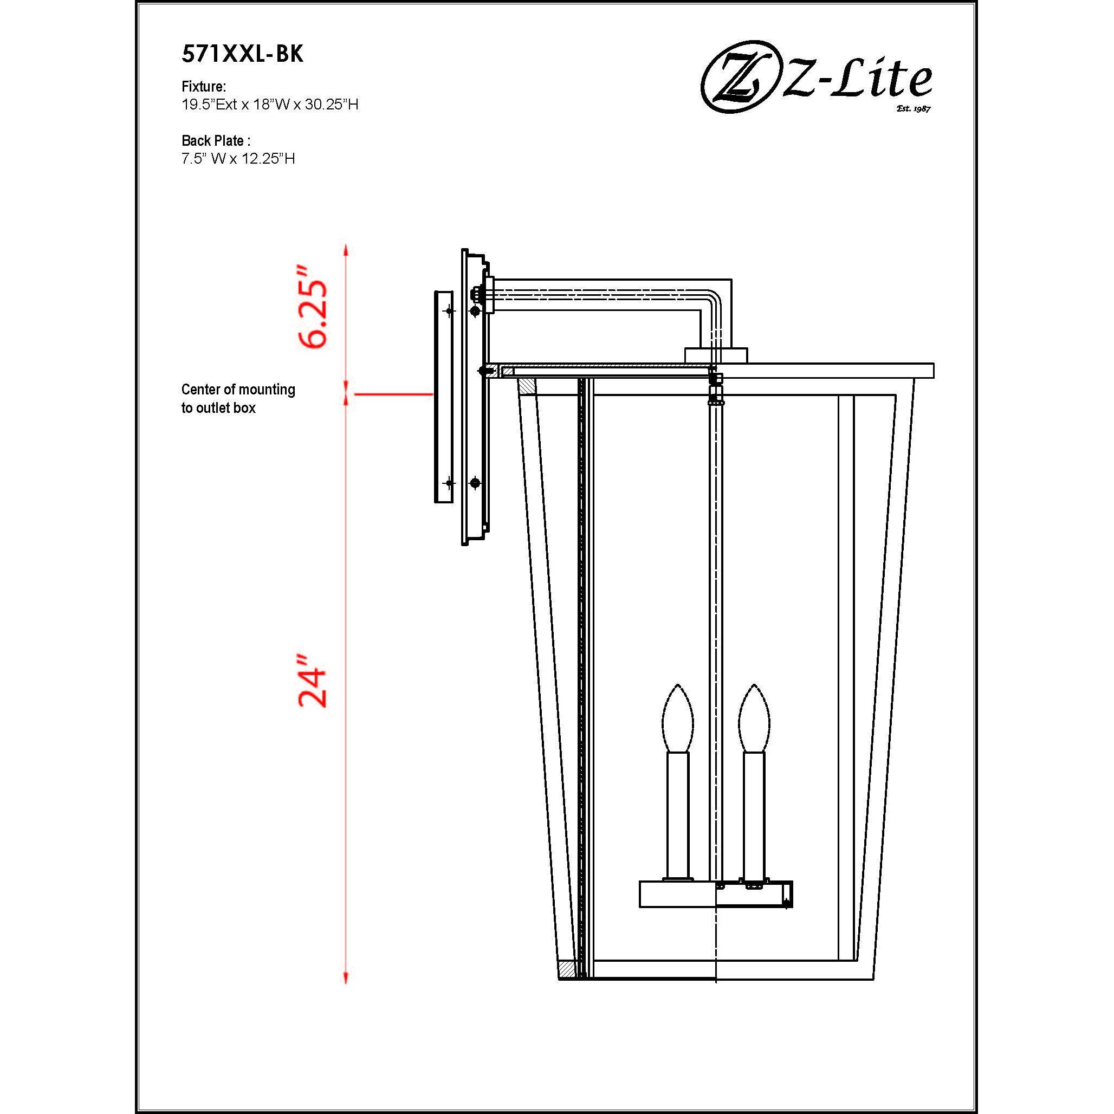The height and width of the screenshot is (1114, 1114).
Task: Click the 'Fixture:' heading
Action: coord(204,87)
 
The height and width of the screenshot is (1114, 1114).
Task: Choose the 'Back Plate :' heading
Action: coord(216,140)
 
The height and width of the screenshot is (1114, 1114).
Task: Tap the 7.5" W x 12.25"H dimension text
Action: coord(237,159)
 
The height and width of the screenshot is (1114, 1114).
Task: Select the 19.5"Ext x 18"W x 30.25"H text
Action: coord(270,105)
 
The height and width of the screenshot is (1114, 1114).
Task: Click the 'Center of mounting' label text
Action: coord(238,390)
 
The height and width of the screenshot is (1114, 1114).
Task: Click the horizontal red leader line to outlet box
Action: coord(393,394)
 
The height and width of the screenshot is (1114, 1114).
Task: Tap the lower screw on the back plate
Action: coord(475,483)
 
